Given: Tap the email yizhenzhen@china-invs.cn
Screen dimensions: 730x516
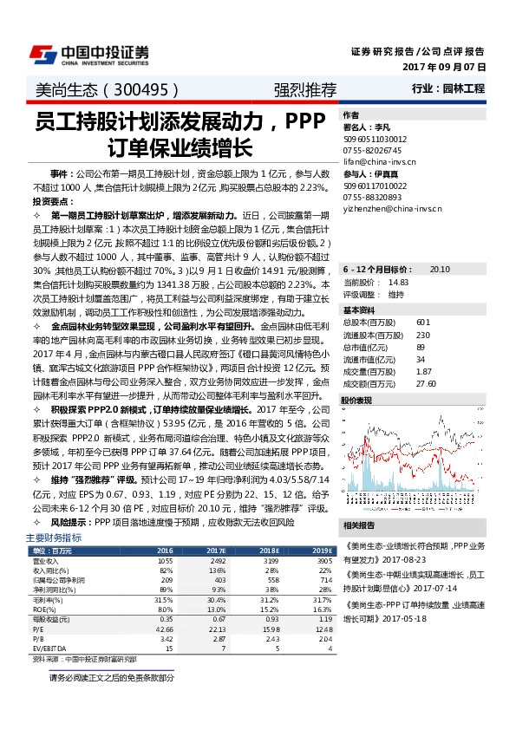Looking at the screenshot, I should click(393, 208).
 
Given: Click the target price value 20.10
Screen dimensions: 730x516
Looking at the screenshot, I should click(439, 270).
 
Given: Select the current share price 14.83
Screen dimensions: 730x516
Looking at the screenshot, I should click(398, 282).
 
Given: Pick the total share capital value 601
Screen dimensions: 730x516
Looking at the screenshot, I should click(422, 323).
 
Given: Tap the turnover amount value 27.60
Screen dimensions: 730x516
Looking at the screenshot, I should click(425, 382).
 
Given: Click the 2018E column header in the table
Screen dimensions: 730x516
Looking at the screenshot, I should click(269, 551).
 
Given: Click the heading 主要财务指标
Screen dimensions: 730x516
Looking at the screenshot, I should click(54, 538).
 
